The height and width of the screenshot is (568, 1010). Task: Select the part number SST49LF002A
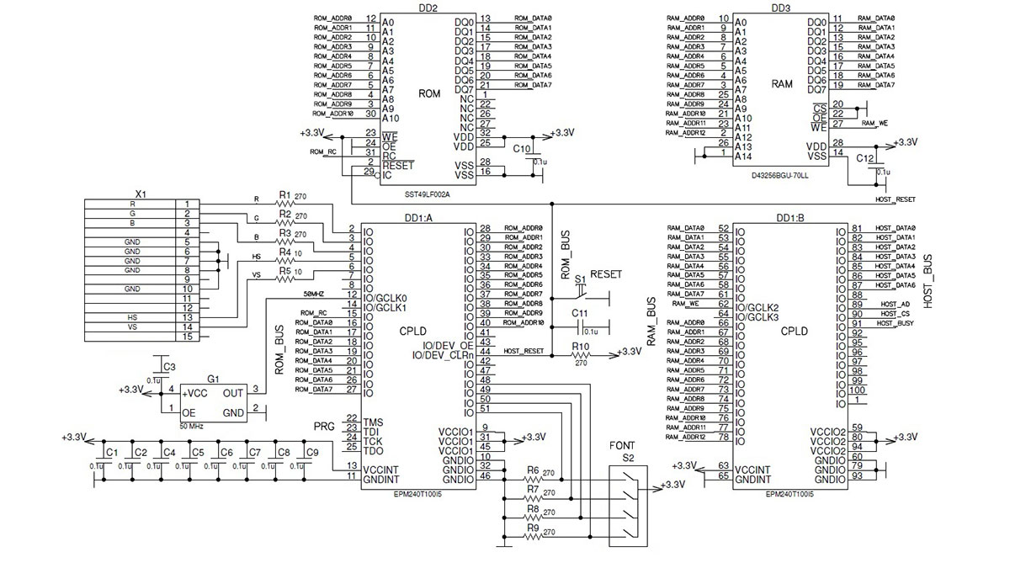tap(428, 194)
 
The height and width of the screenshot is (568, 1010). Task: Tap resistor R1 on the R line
tap(284, 203)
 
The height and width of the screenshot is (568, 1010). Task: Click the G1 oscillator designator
tap(213, 379)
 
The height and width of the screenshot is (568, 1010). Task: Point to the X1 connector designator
tap(141, 194)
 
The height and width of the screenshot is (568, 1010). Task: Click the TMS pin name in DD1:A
tap(374, 419)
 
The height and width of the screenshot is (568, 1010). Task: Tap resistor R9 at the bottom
tap(533, 533)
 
